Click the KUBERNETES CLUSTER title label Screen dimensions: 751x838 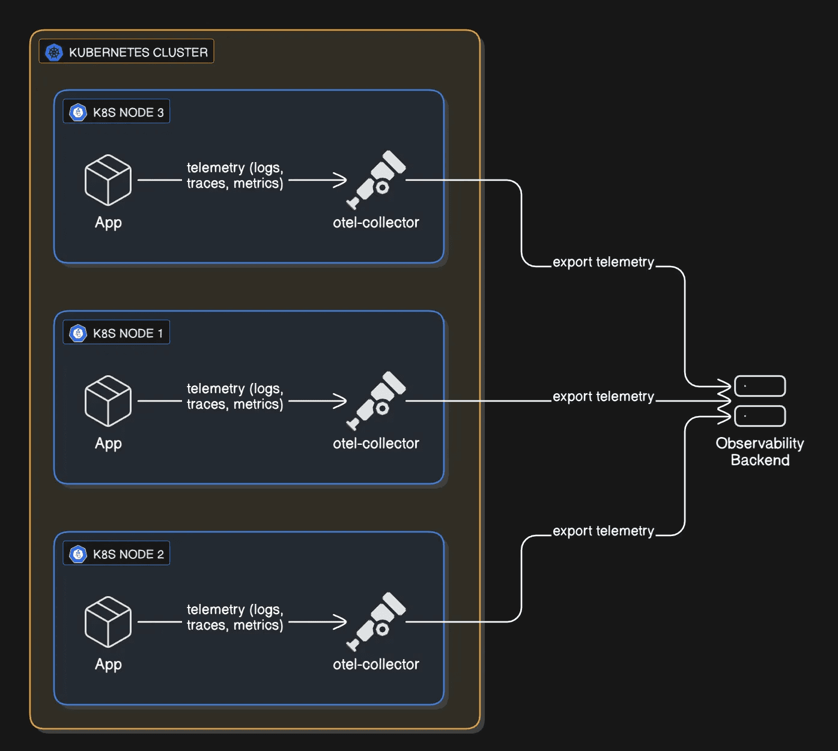(x=138, y=52)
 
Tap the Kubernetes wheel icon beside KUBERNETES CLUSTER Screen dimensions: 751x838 (x=54, y=52)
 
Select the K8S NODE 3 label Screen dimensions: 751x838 (x=128, y=112)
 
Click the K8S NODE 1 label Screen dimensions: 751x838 (x=128, y=333)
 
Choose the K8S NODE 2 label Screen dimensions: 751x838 (x=128, y=554)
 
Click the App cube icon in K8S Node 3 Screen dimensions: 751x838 (x=108, y=180)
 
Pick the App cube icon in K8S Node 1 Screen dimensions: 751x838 (x=108, y=401)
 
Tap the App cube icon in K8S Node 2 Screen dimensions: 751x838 (x=108, y=622)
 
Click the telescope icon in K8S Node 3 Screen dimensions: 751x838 (x=377, y=179)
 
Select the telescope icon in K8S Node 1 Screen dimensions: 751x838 (x=377, y=400)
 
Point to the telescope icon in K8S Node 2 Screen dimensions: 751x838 (x=377, y=621)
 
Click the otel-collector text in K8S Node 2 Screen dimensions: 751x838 (x=376, y=664)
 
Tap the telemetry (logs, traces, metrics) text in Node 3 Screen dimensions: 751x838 (x=235, y=175)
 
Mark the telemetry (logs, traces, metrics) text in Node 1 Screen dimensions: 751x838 (x=235, y=396)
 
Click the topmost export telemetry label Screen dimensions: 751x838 (x=603, y=262)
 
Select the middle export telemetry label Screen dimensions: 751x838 (x=603, y=396)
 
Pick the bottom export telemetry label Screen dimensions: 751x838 (x=603, y=531)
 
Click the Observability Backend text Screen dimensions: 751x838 (x=760, y=451)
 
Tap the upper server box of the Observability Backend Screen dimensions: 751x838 (x=760, y=386)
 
